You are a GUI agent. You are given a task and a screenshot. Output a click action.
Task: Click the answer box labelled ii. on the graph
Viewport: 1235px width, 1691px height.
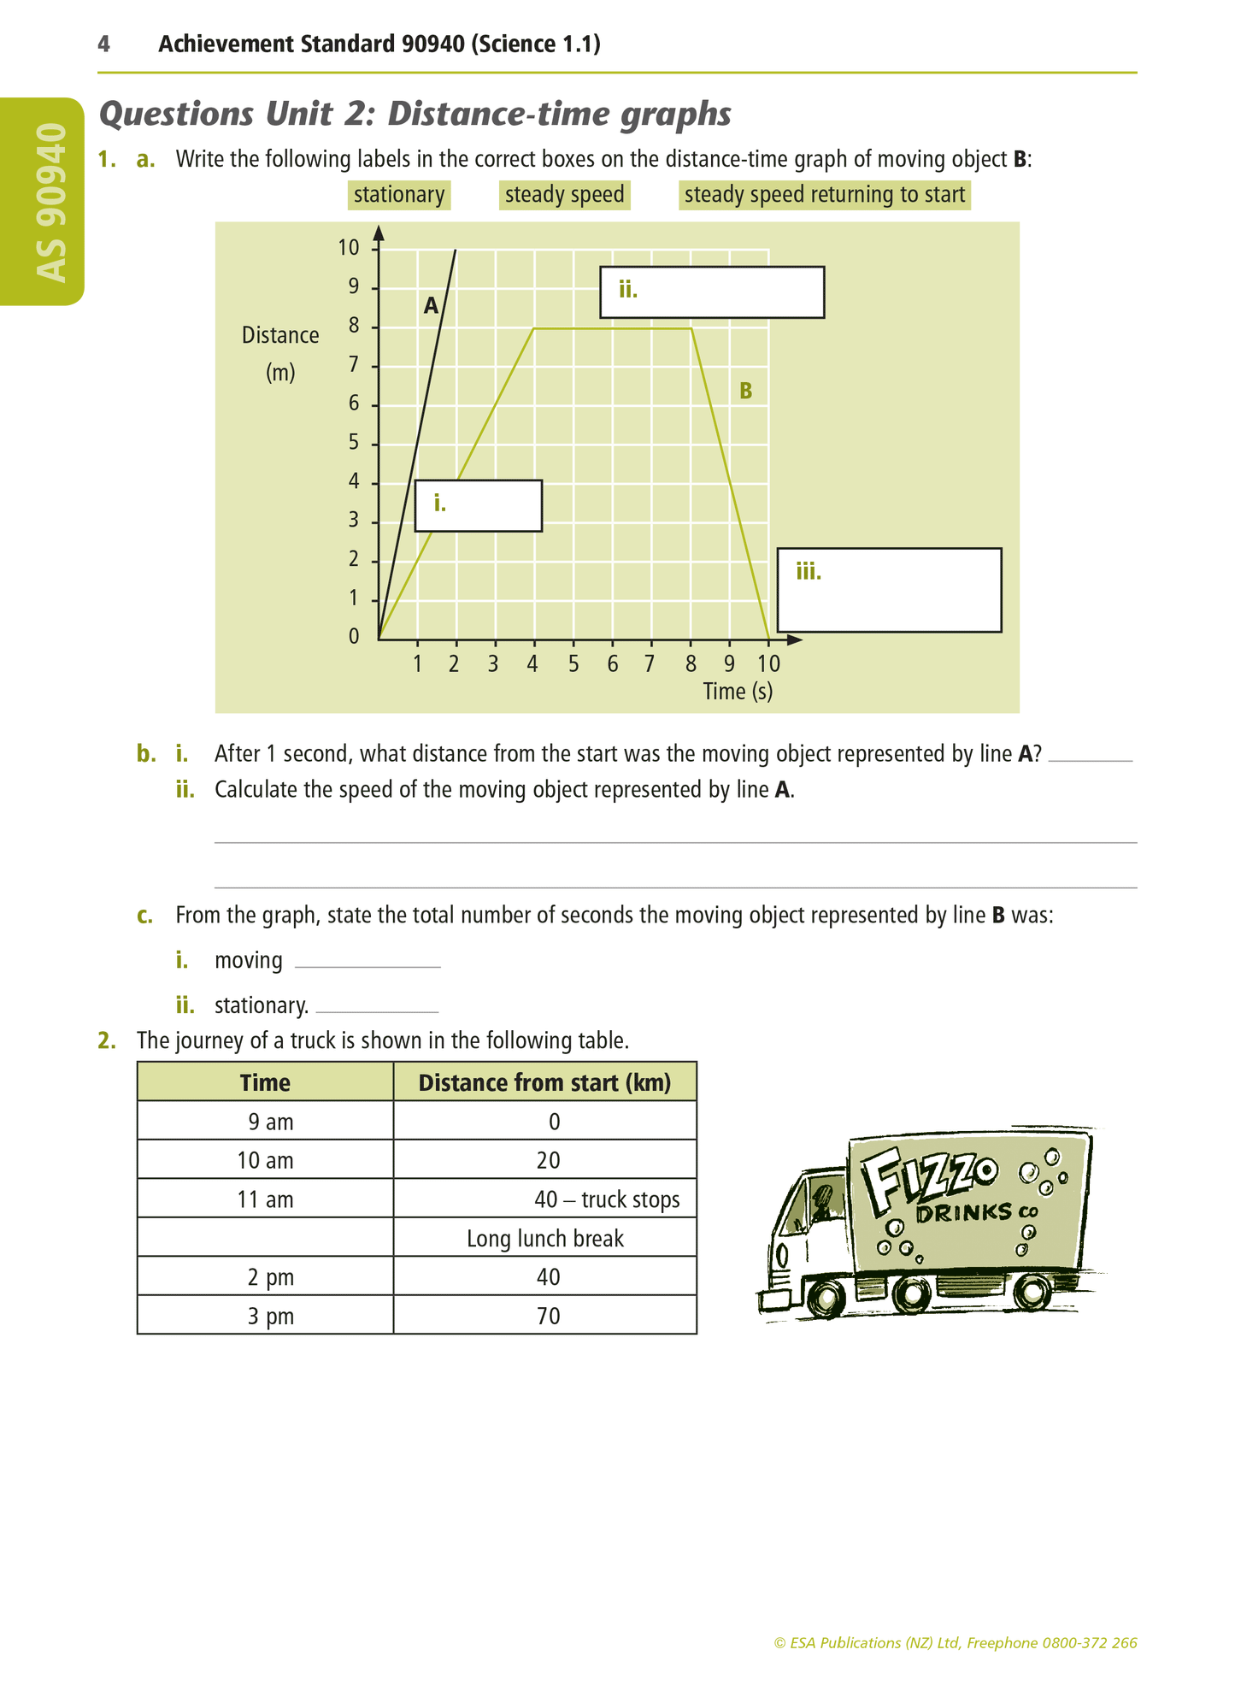coord(712,292)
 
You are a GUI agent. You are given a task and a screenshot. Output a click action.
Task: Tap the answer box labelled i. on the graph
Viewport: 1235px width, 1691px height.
coord(478,506)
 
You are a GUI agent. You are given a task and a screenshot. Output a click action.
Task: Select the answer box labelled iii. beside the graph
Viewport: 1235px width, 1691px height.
coord(889,590)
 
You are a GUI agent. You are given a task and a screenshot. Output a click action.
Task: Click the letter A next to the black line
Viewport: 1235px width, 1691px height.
coord(431,306)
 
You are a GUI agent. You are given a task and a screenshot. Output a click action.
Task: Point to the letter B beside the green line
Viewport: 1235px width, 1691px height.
coord(745,392)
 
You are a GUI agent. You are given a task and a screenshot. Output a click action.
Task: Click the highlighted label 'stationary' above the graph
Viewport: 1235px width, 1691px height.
coord(399,195)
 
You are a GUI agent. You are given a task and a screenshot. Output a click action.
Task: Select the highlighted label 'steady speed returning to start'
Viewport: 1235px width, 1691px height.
coord(824,195)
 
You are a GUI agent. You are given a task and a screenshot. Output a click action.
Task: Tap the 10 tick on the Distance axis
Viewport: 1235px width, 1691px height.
coord(349,248)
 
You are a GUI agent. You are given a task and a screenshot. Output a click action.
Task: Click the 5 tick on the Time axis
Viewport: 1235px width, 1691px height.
coord(573,663)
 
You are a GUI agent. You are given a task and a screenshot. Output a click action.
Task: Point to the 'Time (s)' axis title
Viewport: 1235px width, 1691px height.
coord(738,691)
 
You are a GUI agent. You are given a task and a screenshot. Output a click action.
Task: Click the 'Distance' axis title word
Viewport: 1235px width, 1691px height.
coord(280,335)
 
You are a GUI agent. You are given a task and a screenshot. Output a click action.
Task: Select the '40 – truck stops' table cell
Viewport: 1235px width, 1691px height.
coord(607,1199)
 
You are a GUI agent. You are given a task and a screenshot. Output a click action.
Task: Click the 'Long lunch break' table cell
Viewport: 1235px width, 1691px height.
coord(545,1238)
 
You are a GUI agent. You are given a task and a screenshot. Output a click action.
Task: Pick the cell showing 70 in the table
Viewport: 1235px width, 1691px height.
coord(549,1316)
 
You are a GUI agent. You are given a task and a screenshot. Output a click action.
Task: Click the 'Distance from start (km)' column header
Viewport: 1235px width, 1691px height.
coord(544,1083)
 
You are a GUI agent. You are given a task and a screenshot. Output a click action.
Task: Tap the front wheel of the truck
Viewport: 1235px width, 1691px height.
coord(826,1297)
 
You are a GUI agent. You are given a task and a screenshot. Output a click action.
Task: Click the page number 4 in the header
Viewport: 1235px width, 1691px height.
coord(104,44)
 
